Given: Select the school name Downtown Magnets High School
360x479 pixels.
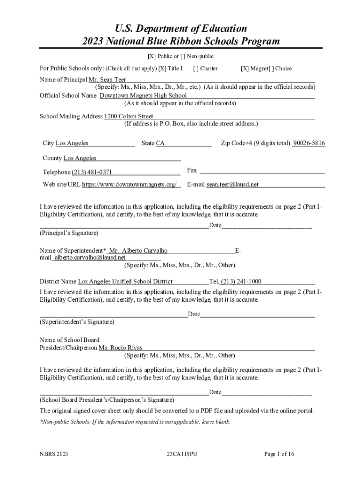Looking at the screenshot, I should (x=143, y=96).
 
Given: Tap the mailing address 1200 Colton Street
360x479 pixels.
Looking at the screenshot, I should (x=129, y=116).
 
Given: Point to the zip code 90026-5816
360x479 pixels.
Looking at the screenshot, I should (x=309, y=143).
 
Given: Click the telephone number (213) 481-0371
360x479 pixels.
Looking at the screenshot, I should (x=92, y=172).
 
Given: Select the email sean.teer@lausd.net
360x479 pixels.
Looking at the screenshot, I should (x=232, y=185).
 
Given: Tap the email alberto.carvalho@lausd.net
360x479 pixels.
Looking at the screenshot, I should (x=90, y=258).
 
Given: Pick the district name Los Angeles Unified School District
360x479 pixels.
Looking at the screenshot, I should (x=125, y=282).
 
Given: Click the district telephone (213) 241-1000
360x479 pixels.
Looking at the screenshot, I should (x=241, y=282).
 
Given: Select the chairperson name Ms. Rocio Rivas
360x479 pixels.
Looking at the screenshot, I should (x=120, y=348).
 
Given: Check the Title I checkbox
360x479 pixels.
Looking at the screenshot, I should (x=162, y=69).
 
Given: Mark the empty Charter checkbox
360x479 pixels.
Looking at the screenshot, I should (x=195, y=69).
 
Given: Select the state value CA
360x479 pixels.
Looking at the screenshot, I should (x=160, y=143).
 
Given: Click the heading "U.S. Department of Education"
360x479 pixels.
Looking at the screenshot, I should (x=180, y=29).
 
